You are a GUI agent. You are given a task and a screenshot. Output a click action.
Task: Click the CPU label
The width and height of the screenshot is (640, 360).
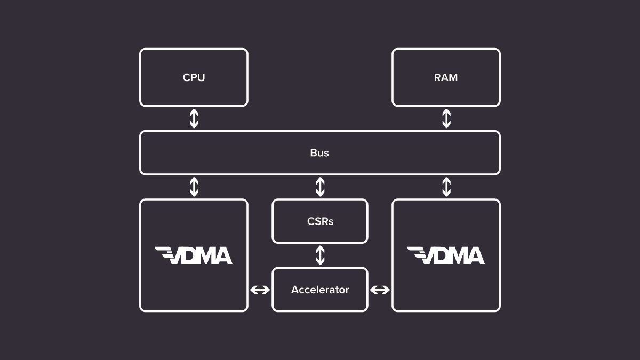click(x=194, y=77)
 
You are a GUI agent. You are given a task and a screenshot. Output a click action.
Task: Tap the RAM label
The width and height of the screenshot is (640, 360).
click(x=446, y=77)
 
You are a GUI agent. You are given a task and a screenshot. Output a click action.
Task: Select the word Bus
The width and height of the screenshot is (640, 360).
click(x=319, y=153)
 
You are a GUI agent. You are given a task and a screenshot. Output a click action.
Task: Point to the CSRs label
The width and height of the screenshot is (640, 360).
click(x=320, y=221)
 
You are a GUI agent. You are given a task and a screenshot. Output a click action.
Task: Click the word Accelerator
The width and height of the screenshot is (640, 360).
click(x=320, y=290)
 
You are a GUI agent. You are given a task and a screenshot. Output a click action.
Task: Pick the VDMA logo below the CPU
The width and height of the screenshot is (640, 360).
click(x=194, y=255)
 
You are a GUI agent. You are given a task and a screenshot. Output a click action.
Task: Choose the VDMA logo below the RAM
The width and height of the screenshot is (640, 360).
click(x=446, y=255)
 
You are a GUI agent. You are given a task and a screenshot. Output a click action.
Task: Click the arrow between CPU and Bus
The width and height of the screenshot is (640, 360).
click(x=194, y=118)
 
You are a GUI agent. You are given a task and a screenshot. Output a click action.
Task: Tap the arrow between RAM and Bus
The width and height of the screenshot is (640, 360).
click(x=446, y=118)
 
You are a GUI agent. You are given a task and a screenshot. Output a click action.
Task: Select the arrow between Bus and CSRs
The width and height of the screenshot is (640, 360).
click(x=320, y=187)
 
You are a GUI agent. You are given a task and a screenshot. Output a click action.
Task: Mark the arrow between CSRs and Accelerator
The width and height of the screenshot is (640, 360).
click(x=320, y=255)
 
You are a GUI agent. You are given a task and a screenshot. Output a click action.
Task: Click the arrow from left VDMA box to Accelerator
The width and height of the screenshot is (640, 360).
click(x=260, y=290)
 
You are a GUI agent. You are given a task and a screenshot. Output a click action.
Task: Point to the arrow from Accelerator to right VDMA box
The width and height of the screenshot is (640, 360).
click(x=380, y=290)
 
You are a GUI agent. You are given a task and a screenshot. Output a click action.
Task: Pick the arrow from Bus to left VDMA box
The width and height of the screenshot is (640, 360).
click(x=194, y=187)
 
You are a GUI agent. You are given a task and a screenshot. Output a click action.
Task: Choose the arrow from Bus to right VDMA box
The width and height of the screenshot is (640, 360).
click(x=446, y=187)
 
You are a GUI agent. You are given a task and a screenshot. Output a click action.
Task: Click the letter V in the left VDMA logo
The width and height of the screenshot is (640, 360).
click(x=175, y=257)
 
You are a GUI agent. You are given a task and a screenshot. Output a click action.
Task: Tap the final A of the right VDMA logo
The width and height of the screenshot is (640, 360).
click(x=475, y=257)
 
